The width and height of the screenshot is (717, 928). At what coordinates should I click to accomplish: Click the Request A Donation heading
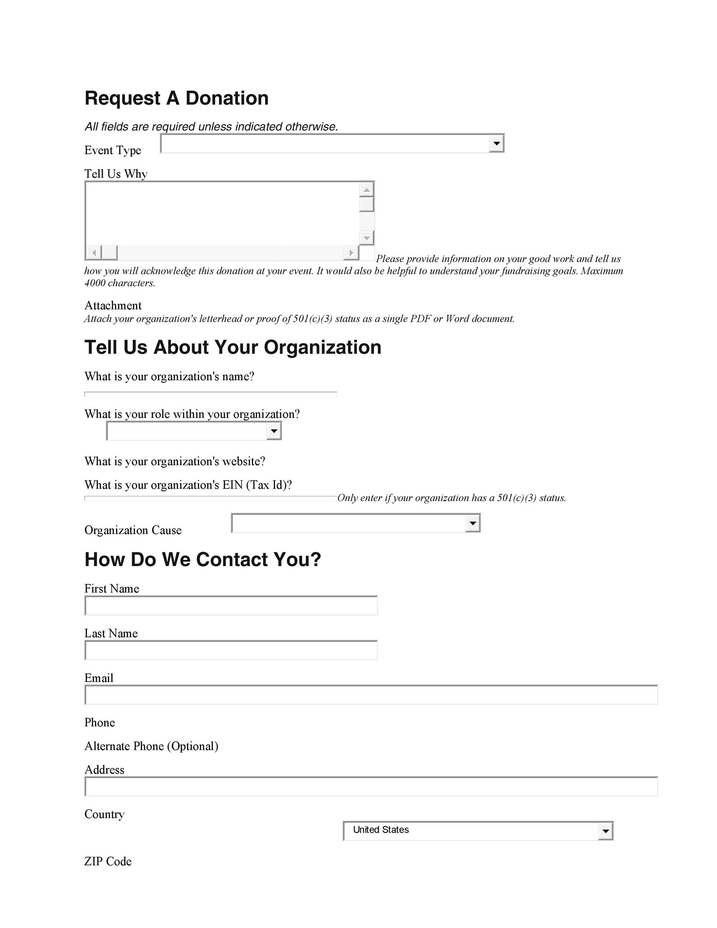(x=176, y=98)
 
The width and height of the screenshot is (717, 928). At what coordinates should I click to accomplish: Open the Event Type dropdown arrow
(x=496, y=143)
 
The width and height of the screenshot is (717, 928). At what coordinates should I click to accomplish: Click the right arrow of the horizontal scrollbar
(x=351, y=253)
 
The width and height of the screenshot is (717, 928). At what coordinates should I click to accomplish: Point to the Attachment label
(x=113, y=305)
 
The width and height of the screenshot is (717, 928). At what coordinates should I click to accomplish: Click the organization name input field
(x=211, y=394)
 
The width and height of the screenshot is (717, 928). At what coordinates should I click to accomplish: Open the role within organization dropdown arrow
(x=274, y=431)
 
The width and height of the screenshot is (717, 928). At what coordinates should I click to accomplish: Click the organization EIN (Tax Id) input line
(x=211, y=499)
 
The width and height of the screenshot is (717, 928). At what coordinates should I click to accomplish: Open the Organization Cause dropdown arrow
(x=472, y=523)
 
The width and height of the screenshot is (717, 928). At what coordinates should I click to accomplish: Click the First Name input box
(x=231, y=605)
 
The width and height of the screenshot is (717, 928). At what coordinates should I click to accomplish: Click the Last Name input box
(x=231, y=650)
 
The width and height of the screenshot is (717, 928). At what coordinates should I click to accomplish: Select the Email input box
(x=371, y=695)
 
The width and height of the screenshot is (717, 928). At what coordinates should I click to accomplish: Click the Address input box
(x=371, y=787)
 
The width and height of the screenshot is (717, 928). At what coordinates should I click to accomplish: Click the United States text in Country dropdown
(x=381, y=830)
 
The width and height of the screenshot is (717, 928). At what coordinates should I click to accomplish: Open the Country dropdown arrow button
(x=605, y=831)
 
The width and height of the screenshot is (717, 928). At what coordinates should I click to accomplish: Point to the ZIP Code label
(x=108, y=861)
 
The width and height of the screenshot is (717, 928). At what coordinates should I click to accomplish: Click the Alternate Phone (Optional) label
(x=151, y=746)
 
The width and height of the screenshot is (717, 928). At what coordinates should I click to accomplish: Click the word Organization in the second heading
(x=323, y=347)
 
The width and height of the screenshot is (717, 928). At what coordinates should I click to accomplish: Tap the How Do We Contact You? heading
(x=203, y=560)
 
